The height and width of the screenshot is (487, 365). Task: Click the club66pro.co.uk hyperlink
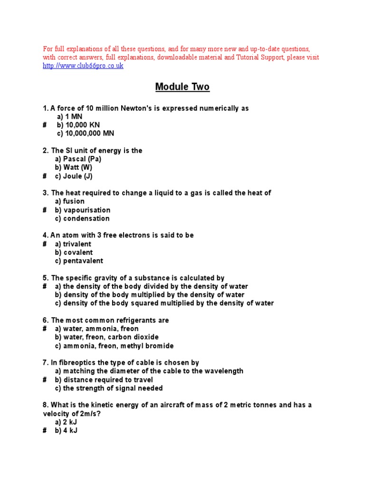(83, 66)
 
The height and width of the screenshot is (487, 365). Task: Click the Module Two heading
(182, 87)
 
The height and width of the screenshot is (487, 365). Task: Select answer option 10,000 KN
(77, 125)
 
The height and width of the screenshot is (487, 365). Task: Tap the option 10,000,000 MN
(86, 134)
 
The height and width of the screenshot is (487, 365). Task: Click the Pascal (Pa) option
(78, 159)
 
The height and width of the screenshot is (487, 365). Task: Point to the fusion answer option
(70, 201)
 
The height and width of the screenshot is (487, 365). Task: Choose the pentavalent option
(79, 261)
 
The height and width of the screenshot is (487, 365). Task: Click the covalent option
(74, 253)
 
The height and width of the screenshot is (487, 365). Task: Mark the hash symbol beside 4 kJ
(44, 430)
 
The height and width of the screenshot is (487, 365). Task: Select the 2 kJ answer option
(66, 422)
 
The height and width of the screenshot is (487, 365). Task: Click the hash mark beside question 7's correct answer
(44, 380)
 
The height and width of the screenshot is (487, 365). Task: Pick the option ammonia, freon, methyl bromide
(114, 346)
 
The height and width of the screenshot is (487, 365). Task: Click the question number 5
(45, 278)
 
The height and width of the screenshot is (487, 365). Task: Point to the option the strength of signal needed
(109, 388)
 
